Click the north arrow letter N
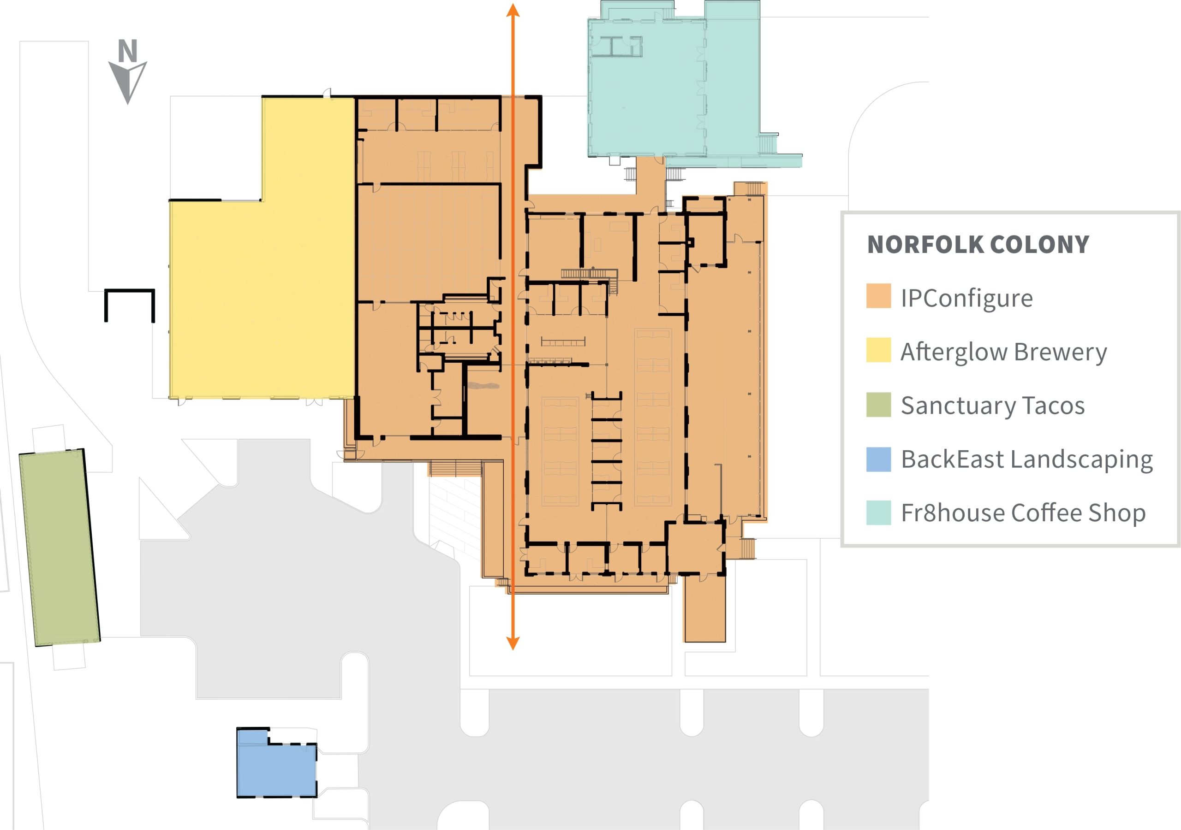[x=128, y=50]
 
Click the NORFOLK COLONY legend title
[x=978, y=244]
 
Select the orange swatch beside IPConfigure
[x=878, y=295]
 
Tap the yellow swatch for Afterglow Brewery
[x=878, y=349]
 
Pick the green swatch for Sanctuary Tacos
[x=878, y=404]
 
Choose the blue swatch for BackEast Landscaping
[x=878, y=459]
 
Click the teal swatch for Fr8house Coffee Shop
[x=878, y=512]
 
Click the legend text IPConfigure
[x=966, y=299]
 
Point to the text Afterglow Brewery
[x=1003, y=353]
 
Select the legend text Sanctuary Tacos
[x=993, y=406]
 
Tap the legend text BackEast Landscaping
[x=1027, y=460]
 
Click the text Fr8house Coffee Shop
[x=1023, y=513]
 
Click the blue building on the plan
[x=276, y=763]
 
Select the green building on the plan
[x=60, y=547]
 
